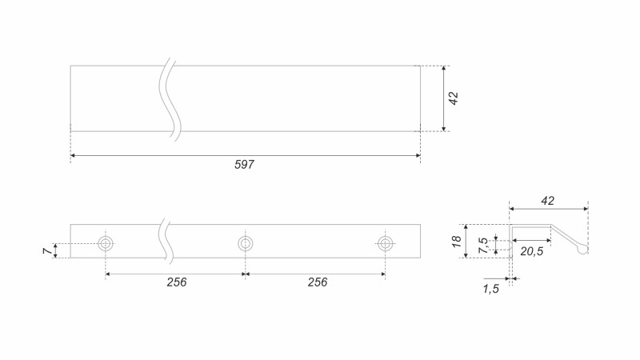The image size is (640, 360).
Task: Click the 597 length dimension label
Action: pyautogui.click(x=244, y=165)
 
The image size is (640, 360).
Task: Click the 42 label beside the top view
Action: pyautogui.click(x=454, y=98)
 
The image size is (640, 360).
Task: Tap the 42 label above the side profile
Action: pyautogui.click(x=548, y=201)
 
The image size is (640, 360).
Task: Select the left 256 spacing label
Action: pyautogui.click(x=176, y=282)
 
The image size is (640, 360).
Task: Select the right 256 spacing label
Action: pyautogui.click(x=318, y=282)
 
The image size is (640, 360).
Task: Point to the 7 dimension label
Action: pyautogui.click(x=48, y=250)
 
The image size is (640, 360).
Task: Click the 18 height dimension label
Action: pyautogui.click(x=457, y=242)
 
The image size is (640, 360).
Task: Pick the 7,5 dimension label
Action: pyautogui.click(x=484, y=245)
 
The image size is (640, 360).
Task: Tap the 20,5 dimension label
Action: pyautogui.click(x=532, y=251)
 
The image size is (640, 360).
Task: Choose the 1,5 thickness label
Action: pyautogui.click(x=490, y=289)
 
